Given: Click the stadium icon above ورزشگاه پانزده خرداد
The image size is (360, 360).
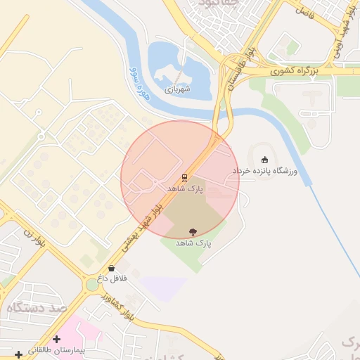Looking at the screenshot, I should point(264,160).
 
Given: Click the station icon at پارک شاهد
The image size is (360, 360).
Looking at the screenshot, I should point(184,178).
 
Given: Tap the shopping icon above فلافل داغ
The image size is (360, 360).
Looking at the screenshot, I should point(112,268).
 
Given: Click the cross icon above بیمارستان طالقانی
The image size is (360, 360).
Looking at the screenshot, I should point(56,339).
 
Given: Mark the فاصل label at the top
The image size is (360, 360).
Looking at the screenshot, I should point(304,11).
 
